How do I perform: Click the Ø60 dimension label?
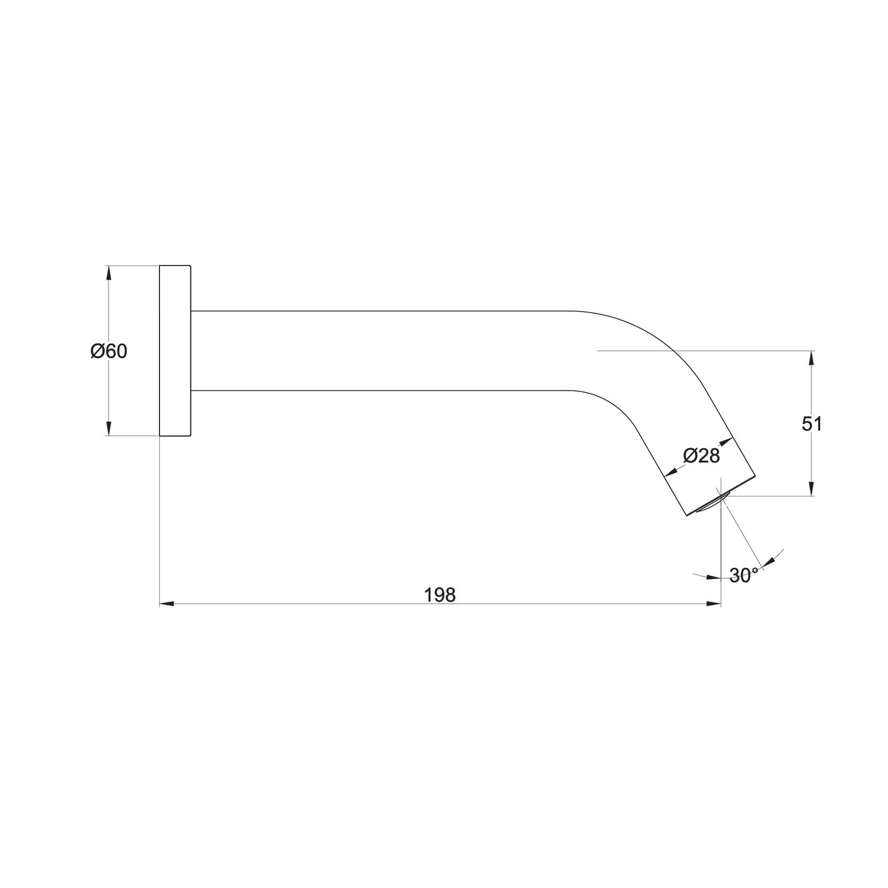(109, 351)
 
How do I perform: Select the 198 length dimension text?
(440, 595)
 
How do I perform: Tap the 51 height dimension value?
(812, 424)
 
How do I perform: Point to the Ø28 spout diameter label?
(701, 456)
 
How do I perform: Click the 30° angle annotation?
(743, 575)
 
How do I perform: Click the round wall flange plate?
(175, 351)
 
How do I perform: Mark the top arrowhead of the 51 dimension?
(811, 358)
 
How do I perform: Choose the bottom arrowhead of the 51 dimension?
(811, 489)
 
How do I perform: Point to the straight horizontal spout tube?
(381, 351)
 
